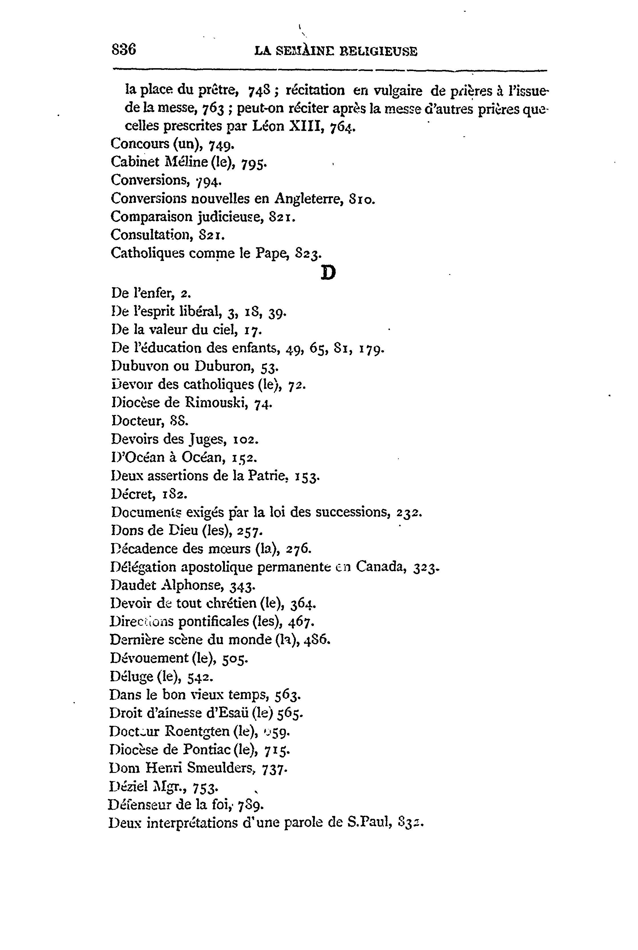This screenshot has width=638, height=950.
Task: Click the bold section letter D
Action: click(x=328, y=273)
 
